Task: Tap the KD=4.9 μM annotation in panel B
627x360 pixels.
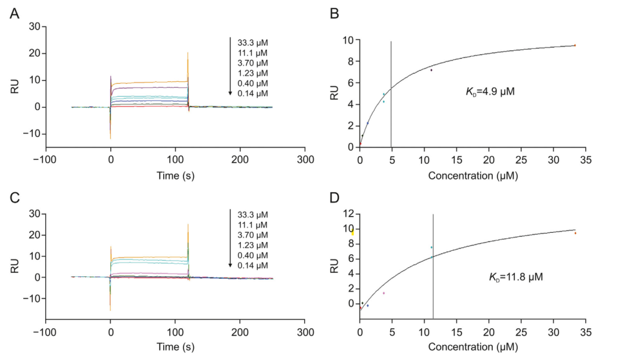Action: click(x=491, y=92)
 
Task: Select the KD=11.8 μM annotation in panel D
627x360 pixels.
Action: click(x=516, y=278)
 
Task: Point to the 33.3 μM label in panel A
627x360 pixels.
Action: click(x=253, y=42)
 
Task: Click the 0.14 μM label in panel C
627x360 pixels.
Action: click(x=253, y=265)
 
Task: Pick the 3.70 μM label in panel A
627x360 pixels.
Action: click(x=253, y=63)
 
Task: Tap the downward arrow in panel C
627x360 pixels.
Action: click(x=230, y=238)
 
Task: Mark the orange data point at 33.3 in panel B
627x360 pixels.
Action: click(x=575, y=45)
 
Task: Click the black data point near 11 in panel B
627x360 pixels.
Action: click(x=431, y=70)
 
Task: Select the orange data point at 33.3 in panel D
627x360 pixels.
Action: click(x=575, y=233)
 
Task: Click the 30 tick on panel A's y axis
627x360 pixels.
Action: click(x=34, y=27)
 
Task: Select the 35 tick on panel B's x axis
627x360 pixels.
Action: click(x=586, y=159)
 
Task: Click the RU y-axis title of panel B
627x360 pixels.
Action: click(x=334, y=93)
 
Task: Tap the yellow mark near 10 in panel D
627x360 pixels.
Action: click(x=352, y=232)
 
